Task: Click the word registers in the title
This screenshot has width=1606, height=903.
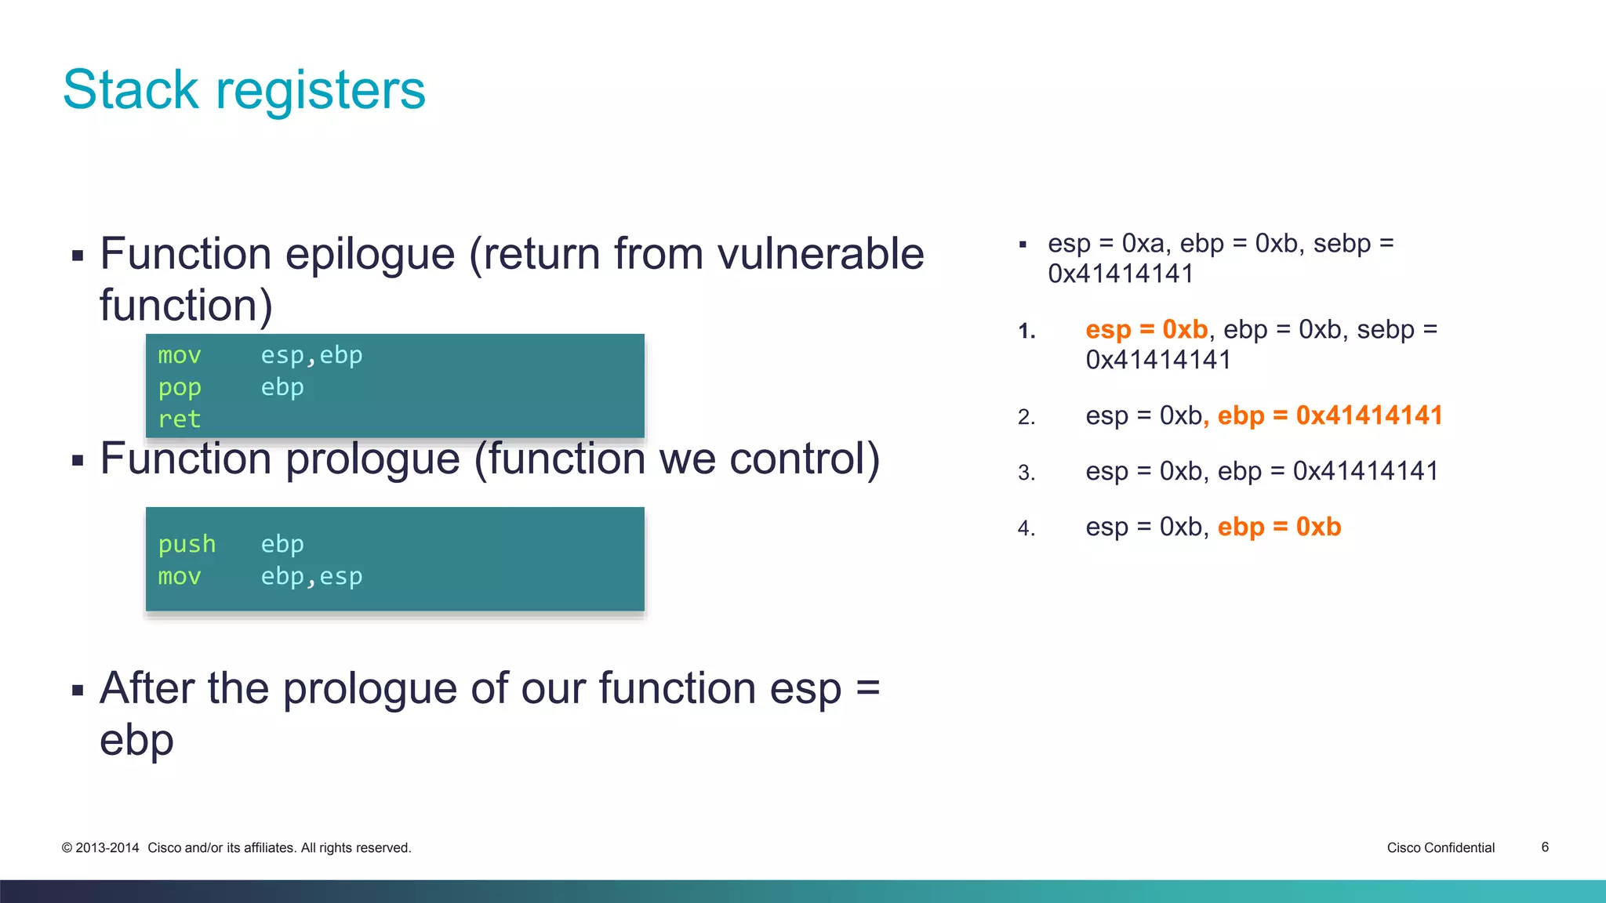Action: (x=320, y=91)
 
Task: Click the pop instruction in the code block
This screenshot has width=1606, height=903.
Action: (x=180, y=388)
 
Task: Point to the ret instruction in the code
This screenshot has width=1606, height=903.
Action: (x=180, y=419)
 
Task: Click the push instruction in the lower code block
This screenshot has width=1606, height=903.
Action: (x=187, y=544)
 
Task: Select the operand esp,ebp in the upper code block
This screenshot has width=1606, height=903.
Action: (x=311, y=356)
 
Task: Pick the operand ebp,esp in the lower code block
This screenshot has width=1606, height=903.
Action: (x=311, y=577)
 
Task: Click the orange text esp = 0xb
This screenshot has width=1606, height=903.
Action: (x=1146, y=329)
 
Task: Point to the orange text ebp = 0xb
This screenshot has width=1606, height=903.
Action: (x=1279, y=527)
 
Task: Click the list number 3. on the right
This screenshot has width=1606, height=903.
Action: (x=1026, y=473)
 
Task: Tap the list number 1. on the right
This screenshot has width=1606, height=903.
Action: (x=1026, y=331)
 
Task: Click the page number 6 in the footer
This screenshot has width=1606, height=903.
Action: (x=1545, y=847)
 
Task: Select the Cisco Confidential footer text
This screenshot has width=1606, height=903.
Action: (x=1441, y=847)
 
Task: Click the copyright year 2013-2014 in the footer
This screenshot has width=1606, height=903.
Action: (x=107, y=847)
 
